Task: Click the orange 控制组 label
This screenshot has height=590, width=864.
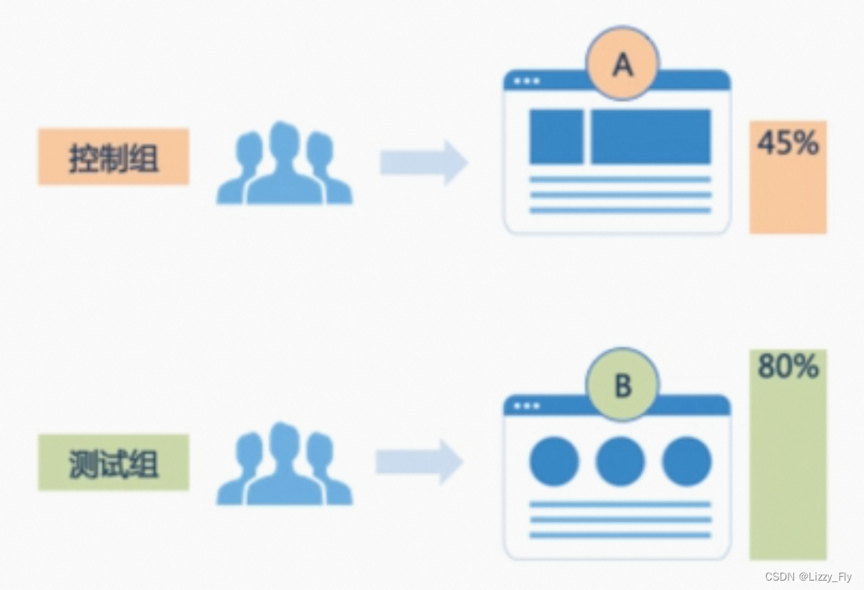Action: [113, 156]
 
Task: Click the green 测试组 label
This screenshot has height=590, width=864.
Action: [113, 462]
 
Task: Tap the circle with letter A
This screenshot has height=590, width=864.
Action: [622, 64]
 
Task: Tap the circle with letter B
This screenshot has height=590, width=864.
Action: [622, 385]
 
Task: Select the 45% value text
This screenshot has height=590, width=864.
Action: [787, 143]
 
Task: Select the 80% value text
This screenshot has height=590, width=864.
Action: [787, 367]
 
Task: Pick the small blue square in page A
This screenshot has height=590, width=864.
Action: [556, 137]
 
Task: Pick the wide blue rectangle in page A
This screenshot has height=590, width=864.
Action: [651, 137]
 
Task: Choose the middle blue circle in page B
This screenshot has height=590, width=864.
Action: [620, 461]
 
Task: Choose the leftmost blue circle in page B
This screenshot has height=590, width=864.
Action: [554, 461]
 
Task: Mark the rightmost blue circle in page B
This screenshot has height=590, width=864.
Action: [687, 461]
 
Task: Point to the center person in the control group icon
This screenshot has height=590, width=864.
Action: [284, 165]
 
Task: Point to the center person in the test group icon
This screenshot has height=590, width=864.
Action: [284, 465]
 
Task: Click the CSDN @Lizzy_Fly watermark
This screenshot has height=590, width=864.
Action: [807, 577]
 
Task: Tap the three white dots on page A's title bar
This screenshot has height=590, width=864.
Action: [527, 81]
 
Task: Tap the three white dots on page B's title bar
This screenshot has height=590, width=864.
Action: [527, 405]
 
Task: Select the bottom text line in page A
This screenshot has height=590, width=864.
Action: [620, 210]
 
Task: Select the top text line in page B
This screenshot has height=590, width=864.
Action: [620, 504]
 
